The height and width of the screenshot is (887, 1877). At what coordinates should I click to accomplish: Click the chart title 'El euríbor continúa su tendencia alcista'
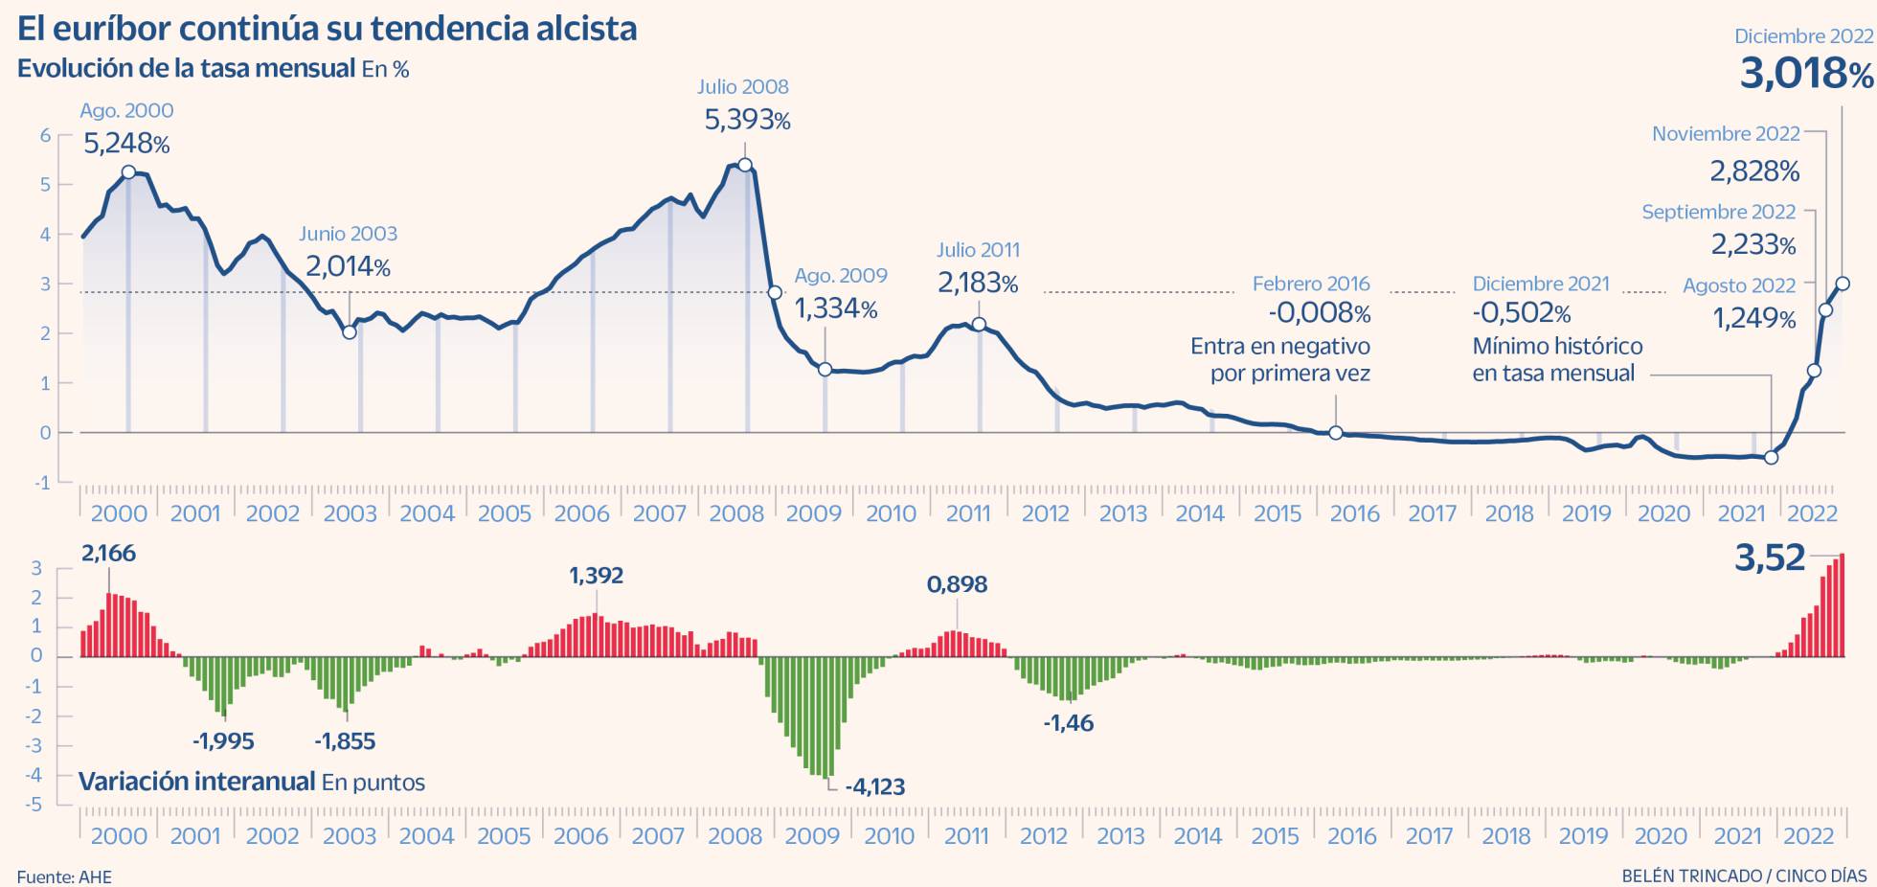[327, 28]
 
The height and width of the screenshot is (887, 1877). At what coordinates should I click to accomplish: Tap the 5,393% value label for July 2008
[747, 121]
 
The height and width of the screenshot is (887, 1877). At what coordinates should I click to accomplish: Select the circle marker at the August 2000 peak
[128, 172]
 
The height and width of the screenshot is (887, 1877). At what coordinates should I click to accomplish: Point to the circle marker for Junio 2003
[350, 332]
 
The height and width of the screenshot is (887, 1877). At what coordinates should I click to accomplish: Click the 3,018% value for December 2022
[1805, 74]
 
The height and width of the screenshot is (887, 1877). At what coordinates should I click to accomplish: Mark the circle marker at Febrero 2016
[1336, 433]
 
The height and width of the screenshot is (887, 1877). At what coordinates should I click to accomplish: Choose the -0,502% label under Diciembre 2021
[1522, 313]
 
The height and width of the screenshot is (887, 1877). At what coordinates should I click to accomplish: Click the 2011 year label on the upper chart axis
[967, 513]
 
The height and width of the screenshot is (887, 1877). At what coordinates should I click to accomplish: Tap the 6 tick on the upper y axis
[45, 135]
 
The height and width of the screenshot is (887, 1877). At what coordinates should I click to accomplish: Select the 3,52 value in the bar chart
[1770, 558]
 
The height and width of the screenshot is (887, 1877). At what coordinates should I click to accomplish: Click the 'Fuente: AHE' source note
[64, 876]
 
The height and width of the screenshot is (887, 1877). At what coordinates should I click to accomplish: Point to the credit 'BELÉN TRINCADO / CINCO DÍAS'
[1744, 876]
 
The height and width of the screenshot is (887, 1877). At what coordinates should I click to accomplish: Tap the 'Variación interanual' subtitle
[197, 782]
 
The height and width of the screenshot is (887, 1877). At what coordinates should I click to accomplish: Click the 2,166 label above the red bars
[108, 554]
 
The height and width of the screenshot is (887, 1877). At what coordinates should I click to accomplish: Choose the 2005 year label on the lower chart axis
[504, 836]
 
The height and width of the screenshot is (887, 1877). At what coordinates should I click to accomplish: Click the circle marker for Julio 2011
[979, 325]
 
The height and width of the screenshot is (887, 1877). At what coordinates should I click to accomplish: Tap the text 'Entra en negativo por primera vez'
[1279, 359]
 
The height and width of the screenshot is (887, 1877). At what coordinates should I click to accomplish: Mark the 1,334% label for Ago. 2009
[836, 309]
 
